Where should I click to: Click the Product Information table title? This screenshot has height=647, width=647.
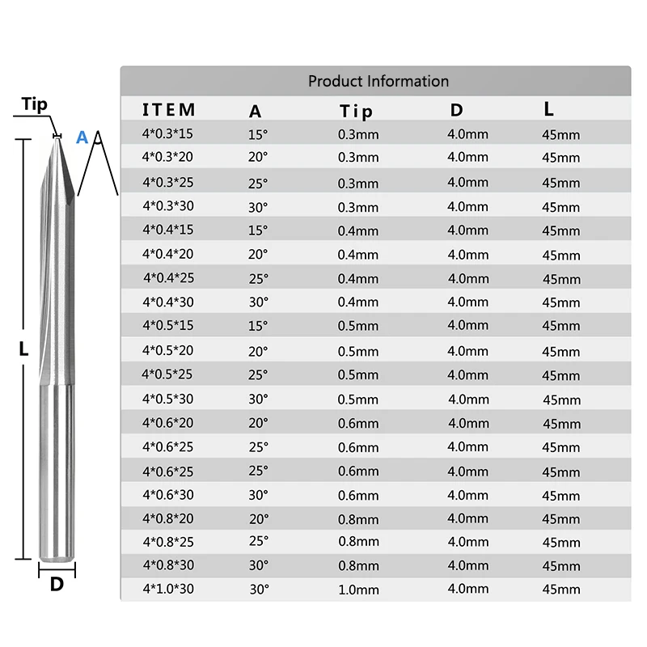[x=378, y=81]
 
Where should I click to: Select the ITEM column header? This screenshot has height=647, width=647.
[x=168, y=110]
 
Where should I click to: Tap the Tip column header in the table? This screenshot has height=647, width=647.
[x=356, y=111]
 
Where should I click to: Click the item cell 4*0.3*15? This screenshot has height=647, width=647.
[x=167, y=133]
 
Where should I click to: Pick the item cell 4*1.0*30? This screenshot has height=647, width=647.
[x=167, y=589]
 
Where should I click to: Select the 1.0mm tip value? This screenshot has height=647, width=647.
[x=358, y=590]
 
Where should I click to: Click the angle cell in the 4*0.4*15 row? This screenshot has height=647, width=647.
[x=258, y=230]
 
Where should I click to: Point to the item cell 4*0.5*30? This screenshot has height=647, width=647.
[x=167, y=398]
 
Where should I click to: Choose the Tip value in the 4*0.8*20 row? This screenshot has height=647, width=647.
[x=358, y=518]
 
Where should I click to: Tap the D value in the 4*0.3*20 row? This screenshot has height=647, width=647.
[x=467, y=157]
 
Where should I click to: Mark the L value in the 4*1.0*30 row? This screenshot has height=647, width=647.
[x=560, y=590]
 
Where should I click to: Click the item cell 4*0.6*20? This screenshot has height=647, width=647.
[x=167, y=422]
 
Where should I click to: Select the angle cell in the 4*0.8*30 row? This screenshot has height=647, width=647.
[x=258, y=565]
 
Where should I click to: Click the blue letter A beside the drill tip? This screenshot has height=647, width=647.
[x=82, y=137]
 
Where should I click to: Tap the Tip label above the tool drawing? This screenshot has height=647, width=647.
[x=34, y=104]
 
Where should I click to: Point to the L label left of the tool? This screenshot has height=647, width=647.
[x=24, y=349]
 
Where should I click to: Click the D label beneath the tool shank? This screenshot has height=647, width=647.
[x=57, y=584]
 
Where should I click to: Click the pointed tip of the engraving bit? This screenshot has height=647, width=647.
[x=57, y=136]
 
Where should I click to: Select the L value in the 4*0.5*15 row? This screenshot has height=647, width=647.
[x=560, y=326]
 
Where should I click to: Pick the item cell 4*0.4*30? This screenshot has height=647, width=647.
[x=167, y=302]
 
